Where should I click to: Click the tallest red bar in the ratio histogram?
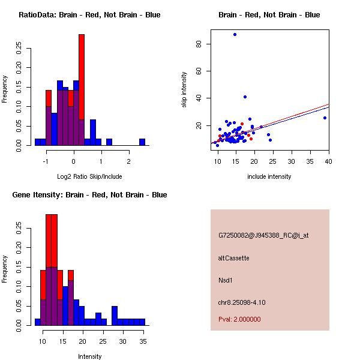click(x=82, y=90)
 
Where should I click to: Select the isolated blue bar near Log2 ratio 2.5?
click(x=142, y=142)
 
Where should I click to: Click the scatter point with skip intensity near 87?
click(x=235, y=35)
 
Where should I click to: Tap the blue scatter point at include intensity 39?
click(x=325, y=118)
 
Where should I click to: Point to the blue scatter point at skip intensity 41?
click(x=245, y=97)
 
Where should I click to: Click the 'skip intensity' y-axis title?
click(x=185, y=90)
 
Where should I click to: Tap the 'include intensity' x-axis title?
click(x=269, y=177)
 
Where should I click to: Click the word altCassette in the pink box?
click(x=234, y=258)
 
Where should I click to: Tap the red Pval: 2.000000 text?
click(x=239, y=319)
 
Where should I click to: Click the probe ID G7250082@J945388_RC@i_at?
click(x=263, y=236)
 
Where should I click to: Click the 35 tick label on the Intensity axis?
click(x=142, y=341)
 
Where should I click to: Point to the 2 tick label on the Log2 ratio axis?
click(x=128, y=161)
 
